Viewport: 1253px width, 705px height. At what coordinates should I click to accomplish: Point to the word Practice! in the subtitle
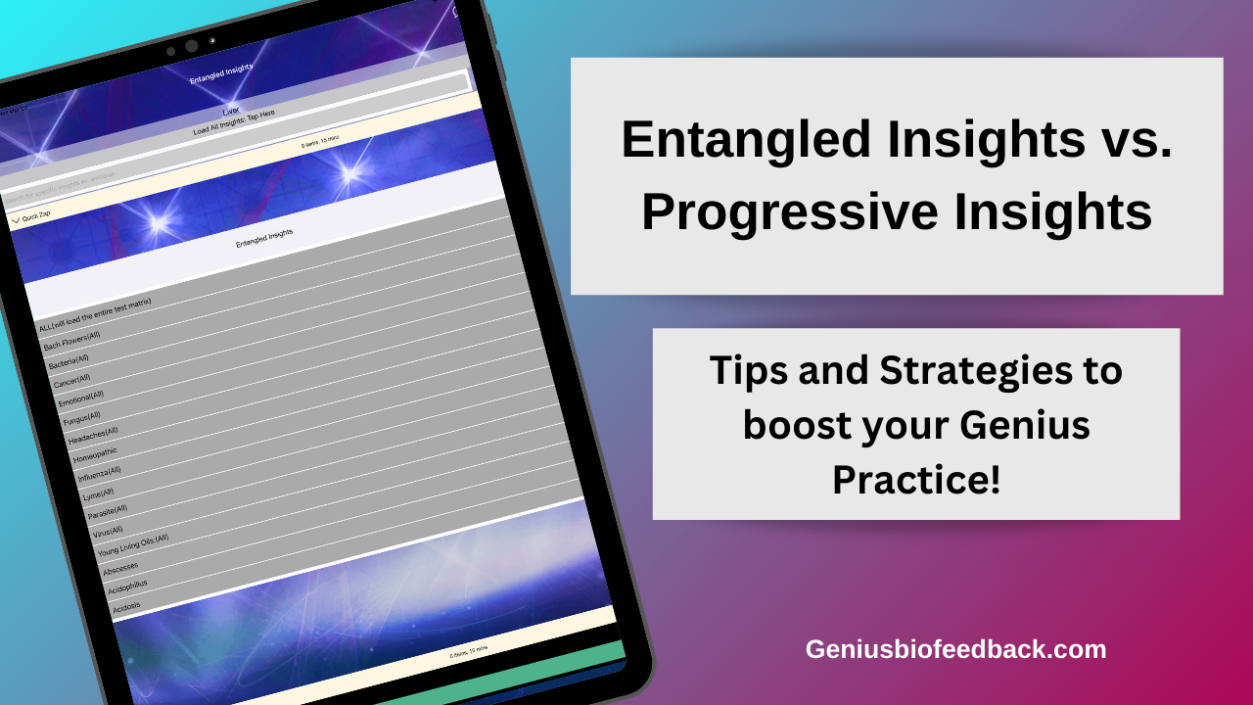coord(916,480)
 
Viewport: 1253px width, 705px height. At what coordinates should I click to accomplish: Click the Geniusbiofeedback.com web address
coord(955,648)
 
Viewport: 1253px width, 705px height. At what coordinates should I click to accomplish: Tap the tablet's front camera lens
coord(192,46)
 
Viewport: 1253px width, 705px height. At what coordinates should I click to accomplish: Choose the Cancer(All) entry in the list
coord(71,378)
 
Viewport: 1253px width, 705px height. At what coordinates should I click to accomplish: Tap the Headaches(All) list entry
coord(93,433)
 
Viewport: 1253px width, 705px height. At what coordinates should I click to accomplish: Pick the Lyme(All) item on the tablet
coord(99,493)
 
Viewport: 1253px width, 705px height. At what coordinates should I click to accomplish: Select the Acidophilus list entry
coord(129,587)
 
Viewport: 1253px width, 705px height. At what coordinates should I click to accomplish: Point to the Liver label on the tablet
coord(231,110)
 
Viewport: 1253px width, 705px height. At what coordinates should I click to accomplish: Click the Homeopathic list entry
coord(95,454)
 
